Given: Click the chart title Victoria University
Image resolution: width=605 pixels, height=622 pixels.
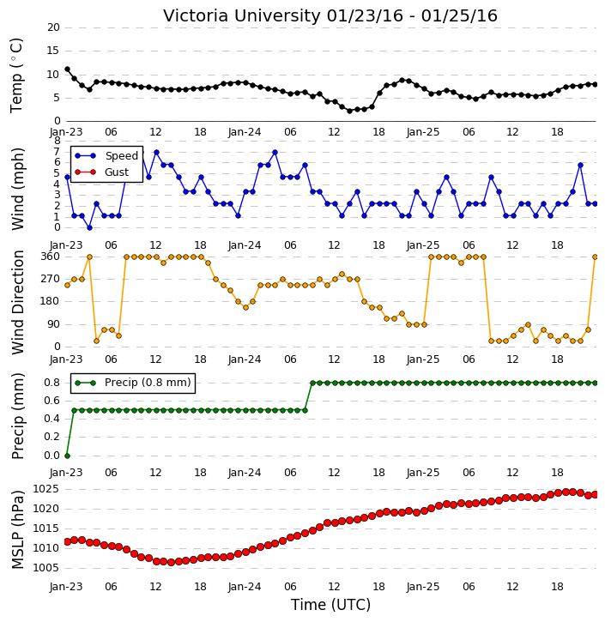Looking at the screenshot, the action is (x=242, y=15).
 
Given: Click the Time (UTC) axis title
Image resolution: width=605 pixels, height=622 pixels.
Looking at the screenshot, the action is (x=330, y=605).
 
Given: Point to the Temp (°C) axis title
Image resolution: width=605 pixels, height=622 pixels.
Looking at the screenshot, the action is (x=16, y=75).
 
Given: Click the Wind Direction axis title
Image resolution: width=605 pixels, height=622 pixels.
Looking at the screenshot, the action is (x=18, y=302).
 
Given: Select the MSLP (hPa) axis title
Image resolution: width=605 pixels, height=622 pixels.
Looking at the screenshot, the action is (x=18, y=530).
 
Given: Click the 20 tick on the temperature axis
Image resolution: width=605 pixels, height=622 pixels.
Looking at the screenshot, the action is (x=53, y=27).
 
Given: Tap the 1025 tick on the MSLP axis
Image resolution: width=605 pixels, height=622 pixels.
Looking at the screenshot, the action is (x=45, y=489).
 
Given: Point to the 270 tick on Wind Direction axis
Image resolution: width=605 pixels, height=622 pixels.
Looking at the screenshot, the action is (x=51, y=279).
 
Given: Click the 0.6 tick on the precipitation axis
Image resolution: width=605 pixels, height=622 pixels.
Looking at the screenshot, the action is (x=52, y=401).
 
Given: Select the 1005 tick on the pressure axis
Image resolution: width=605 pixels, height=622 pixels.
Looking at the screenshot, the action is (x=45, y=568).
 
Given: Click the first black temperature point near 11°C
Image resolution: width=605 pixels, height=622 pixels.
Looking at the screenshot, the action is (x=67, y=69).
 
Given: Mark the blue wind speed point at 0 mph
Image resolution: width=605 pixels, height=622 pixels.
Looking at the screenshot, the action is (x=89, y=228).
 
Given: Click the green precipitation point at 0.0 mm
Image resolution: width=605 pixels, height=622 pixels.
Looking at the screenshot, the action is (x=67, y=456).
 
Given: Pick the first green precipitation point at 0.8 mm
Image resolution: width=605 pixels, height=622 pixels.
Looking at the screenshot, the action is (x=312, y=383).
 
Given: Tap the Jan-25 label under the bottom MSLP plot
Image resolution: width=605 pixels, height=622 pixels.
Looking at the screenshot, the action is (x=423, y=587).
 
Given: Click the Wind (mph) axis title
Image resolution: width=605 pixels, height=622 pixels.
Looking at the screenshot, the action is (x=18, y=189).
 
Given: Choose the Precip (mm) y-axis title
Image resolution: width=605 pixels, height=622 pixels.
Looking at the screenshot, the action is (x=18, y=416).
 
